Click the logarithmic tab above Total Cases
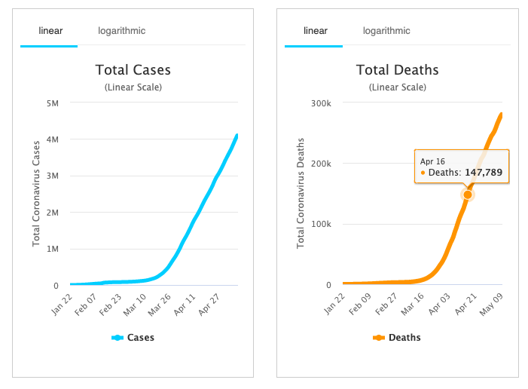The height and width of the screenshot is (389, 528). pyautogui.click(x=121, y=31)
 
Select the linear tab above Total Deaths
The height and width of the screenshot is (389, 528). pyautogui.click(x=315, y=31)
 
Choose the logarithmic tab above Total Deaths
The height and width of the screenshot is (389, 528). pyautogui.click(x=386, y=31)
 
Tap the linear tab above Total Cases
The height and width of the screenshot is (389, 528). pyautogui.click(x=50, y=31)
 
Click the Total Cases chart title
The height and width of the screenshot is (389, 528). pyautogui.click(x=133, y=70)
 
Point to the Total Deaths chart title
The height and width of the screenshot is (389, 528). pyautogui.click(x=397, y=70)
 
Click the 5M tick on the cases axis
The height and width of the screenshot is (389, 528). pyautogui.click(x=53, y=103)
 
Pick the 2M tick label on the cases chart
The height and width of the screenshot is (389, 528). pyautogui.click(x=53, y=213)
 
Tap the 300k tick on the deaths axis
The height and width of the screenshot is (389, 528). pyautogui.click(x=322, y=103)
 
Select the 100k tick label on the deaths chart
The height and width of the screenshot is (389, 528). pyautogui.click(x=322, y=224)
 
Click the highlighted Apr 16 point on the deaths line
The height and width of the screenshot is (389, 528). pyautogui.click(x=468, y=194)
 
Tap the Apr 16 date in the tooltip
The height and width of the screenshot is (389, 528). pyautogui.click(x=432, y=161)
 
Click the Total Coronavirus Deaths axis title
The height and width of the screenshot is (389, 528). pyautogui.click(x=301, y=194)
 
